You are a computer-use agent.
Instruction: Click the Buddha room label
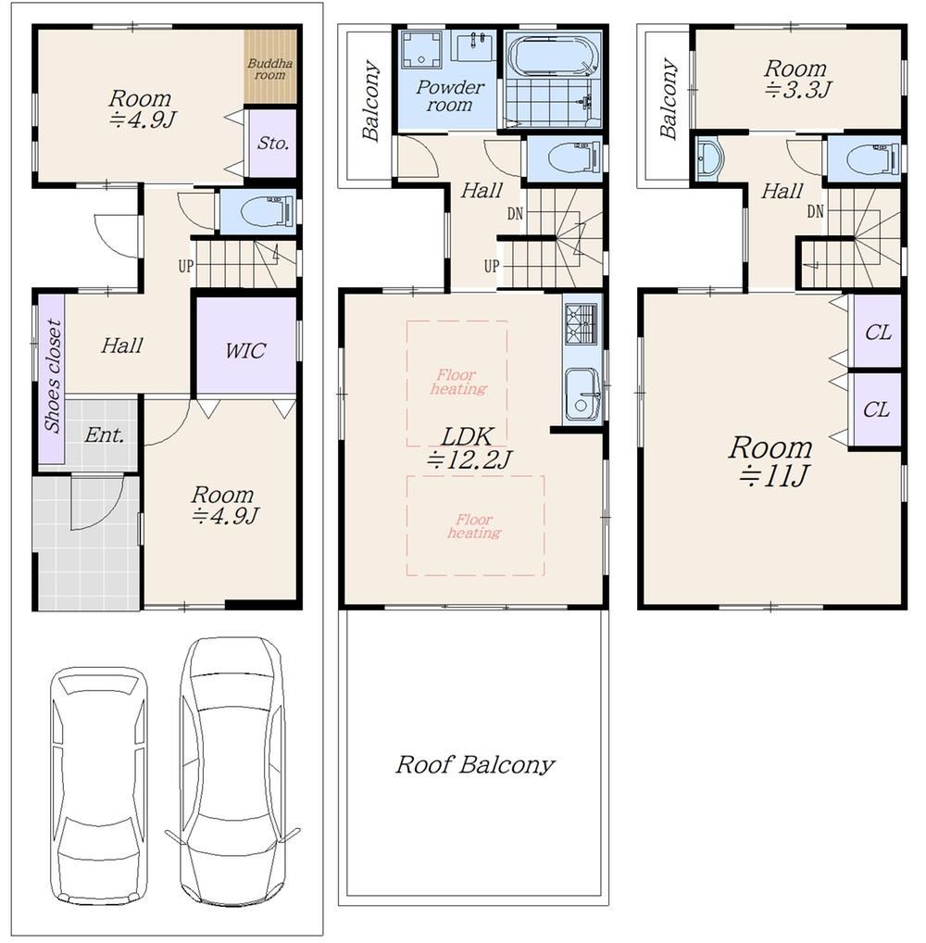270,69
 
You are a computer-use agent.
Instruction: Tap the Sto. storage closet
273,144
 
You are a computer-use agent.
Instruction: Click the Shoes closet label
53,376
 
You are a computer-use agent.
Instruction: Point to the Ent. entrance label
104,434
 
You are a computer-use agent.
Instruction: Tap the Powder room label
450,95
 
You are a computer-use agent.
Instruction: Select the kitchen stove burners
581,323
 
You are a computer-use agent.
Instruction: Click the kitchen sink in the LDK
582,394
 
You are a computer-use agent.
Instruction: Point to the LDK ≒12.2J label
469,448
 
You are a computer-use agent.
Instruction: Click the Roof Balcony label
475,764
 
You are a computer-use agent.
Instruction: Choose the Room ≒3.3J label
796,79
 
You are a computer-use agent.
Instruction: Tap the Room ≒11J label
770,461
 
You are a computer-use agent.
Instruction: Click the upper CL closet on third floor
877,332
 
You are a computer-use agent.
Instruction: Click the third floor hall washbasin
708,158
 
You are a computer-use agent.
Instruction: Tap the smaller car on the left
98,786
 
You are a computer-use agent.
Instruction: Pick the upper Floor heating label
458,382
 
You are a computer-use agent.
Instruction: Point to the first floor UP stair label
186,265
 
